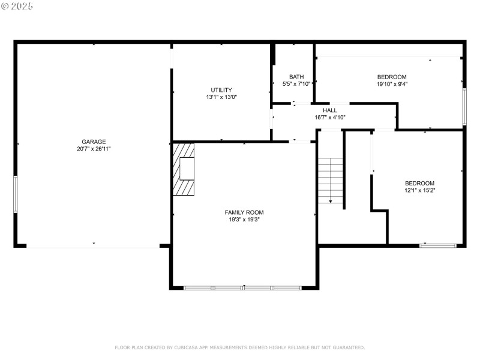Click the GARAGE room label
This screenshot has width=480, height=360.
point(94,142)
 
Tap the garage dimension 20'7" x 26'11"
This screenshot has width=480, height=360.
point(94,148)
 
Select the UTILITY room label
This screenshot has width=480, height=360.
point(221,90)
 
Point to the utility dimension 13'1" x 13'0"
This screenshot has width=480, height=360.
point(221,97)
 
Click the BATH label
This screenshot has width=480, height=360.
point(296,77)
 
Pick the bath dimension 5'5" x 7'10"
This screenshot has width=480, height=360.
point(296,84)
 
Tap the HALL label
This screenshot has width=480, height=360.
point(330,110)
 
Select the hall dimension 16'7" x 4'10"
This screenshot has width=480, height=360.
point(330,118)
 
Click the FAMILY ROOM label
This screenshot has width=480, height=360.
point(244,212)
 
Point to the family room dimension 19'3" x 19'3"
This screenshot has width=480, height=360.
point(244,220)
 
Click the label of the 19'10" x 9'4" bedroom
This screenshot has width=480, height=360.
point(392,77)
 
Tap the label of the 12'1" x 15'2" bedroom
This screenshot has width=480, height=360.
point(419,183)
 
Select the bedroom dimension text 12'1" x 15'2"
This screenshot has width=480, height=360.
point(419,190)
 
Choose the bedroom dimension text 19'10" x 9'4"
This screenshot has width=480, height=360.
point(392,84)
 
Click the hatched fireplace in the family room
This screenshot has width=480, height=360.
point(184,169)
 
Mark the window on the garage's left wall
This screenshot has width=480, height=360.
point(16,194)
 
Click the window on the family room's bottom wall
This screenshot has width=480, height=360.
point(242,288)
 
